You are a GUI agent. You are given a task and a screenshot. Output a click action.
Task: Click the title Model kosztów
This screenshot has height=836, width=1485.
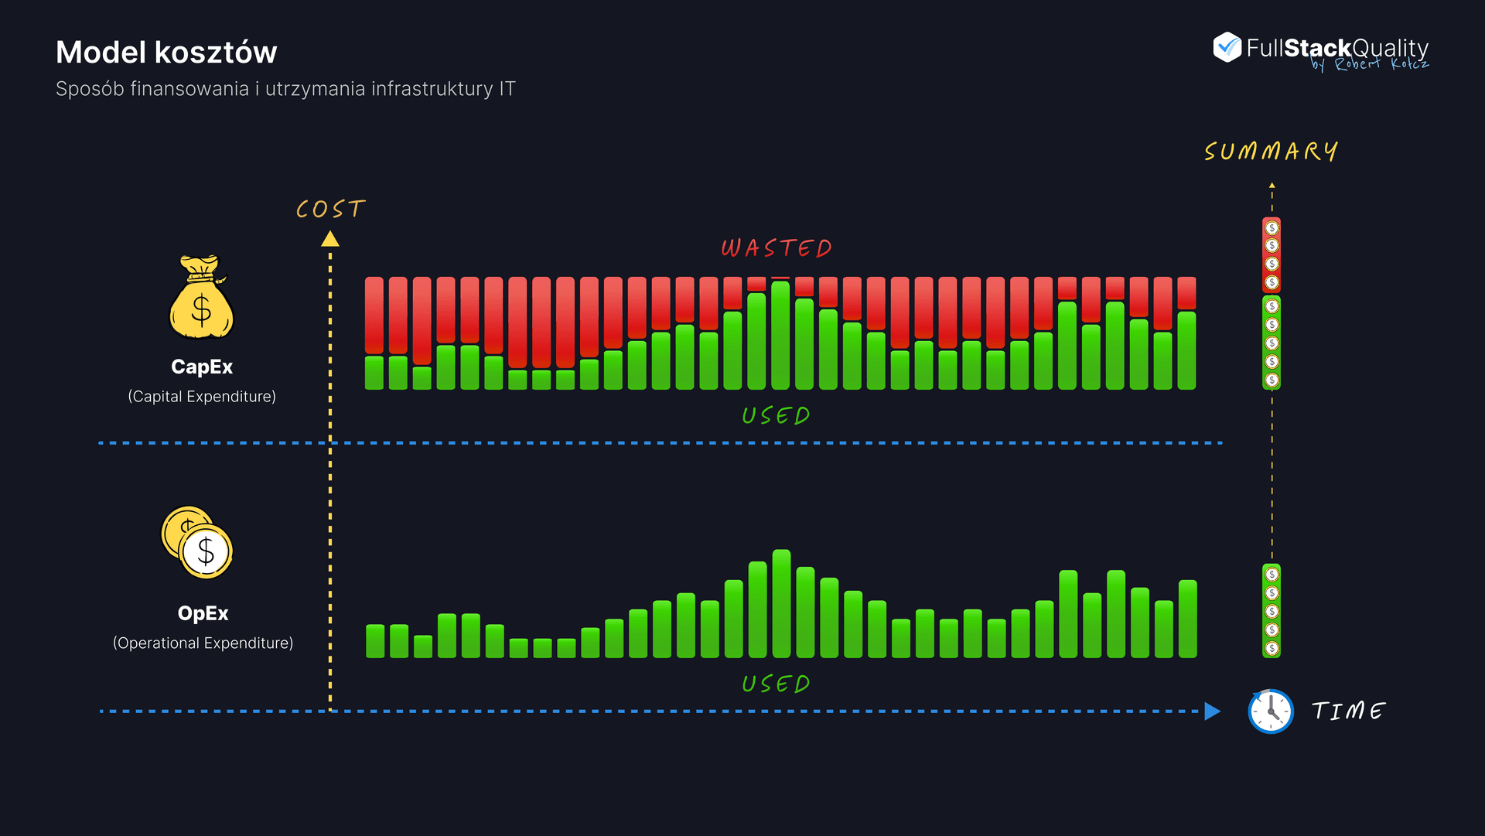(x=166, y=53)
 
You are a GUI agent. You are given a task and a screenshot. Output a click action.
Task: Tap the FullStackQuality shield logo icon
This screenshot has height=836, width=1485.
(x=1227, y=47)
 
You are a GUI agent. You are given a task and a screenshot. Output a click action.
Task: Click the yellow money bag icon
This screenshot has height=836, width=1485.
(x=201, y=298)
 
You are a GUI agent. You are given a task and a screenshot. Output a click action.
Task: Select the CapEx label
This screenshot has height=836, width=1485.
(x=202, y=367)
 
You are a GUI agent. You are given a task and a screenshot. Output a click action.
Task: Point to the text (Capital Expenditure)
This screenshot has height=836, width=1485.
(x=202, y=397)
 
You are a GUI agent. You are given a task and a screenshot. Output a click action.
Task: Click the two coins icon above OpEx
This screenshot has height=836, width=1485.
(x=197, y=542)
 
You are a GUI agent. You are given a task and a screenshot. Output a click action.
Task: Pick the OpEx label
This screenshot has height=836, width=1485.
(x=203, y=613)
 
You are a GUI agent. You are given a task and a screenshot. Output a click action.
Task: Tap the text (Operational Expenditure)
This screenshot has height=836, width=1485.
(x=203, y=643)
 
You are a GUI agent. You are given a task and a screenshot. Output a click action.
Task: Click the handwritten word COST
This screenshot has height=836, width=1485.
(x=330, y=209)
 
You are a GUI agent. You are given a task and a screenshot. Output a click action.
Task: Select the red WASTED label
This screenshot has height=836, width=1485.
(x=777, y=248)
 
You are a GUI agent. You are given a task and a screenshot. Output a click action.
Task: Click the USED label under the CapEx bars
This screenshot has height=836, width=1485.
(x=776, y=416)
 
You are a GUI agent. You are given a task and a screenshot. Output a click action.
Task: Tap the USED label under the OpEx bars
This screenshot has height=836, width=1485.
(x=776, y=684)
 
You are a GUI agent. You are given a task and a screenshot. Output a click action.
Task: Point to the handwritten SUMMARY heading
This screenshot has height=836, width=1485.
(x=1271, y=151)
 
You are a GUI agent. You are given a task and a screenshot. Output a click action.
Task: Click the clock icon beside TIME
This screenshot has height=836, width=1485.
(x=1271, y=711)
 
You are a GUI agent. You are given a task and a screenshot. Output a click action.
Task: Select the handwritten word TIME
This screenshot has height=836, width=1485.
(x=1348, y=711)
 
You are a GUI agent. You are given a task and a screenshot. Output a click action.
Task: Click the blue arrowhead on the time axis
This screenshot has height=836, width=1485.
(x=1212, y=711)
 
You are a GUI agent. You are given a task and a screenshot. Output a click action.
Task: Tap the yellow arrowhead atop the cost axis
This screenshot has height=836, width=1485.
(x=330, y=239)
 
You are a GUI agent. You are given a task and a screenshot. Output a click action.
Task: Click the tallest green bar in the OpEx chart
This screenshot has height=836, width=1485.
(x=781, y=604)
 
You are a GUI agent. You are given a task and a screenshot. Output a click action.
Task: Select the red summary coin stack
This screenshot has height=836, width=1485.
(x=1272, y=255)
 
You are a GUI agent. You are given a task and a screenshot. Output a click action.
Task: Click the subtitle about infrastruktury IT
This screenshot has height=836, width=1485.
(x=285, y=89)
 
